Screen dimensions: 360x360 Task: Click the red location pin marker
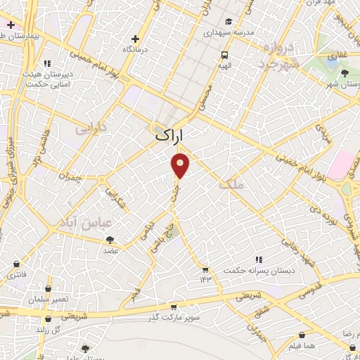click(181, 165)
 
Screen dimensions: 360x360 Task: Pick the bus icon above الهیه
click(224, 55)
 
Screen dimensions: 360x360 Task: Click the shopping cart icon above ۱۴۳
click(205, 269)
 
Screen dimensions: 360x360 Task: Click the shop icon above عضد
click(111, 240)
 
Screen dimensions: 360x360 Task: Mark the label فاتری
click(16, 275)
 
